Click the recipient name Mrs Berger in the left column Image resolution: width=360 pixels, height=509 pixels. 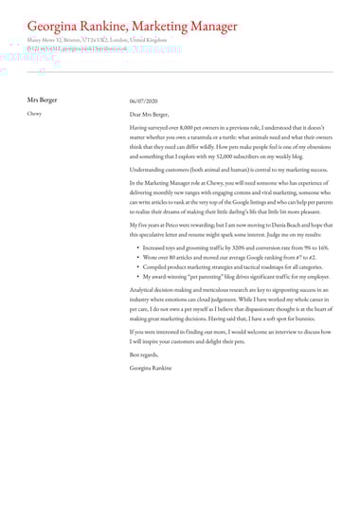[42, 99]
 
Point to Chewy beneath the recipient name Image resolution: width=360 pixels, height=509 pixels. [34, 112]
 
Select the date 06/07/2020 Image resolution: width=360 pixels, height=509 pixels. [144, 100]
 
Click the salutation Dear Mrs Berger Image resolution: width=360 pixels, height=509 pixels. [155, 113]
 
